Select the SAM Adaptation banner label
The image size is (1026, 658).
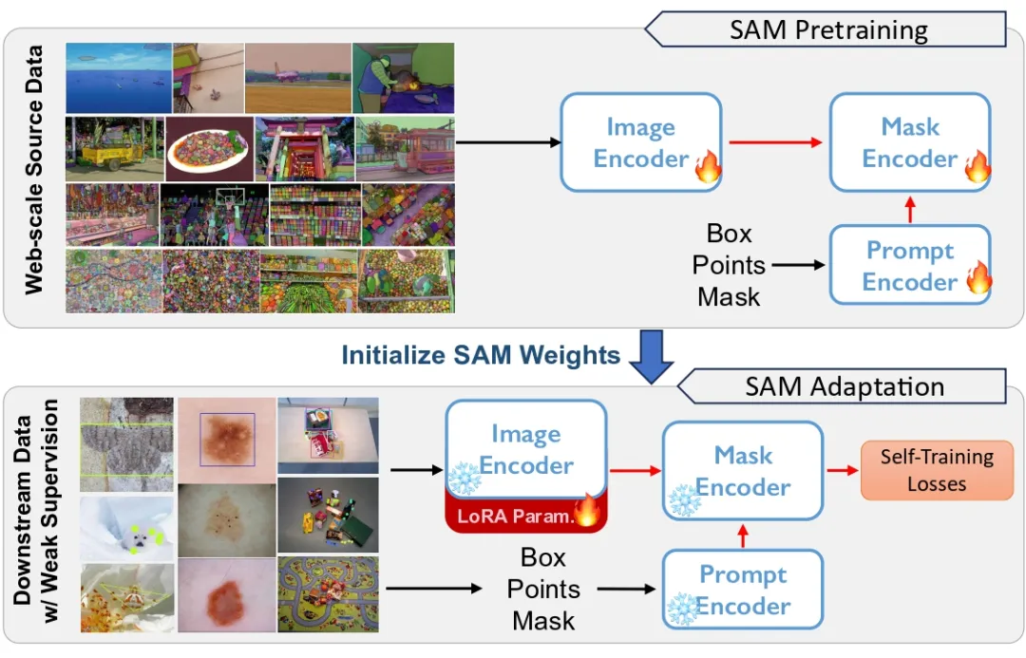point(845,386)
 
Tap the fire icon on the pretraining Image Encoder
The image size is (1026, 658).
point(708,167)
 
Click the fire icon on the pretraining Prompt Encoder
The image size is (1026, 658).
point(978,279)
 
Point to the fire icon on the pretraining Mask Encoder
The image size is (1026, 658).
point(977,167)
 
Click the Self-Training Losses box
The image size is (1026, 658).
point(936,469)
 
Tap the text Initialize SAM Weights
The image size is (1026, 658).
point(481,355)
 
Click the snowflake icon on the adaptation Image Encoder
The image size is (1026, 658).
point(464,479)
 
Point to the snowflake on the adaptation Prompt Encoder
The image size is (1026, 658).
point(682,609)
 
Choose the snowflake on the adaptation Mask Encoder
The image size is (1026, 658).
point(683,499)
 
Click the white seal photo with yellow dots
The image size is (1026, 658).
point(127,528)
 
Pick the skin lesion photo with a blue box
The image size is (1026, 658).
point(226,440)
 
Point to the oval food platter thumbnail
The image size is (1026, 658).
point(209,148)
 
